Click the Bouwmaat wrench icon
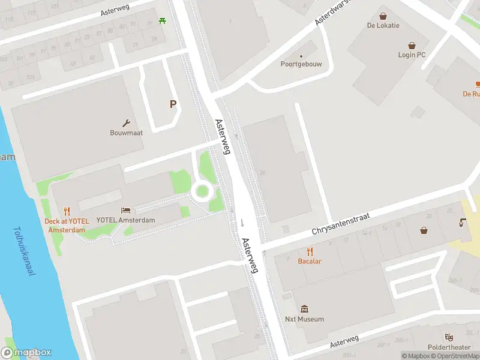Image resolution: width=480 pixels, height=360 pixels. [126, 122]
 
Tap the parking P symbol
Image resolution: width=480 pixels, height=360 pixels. [173, 104]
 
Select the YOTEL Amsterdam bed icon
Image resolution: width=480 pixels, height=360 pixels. [125, 210]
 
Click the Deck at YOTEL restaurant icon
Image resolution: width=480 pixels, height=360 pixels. [67, 211]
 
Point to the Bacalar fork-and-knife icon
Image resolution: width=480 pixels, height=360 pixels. [310, 251]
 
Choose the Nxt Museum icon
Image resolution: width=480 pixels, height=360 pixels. [304, 309]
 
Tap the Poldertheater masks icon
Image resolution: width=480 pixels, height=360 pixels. [448, 337]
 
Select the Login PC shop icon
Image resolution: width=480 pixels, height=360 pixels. [412, 45]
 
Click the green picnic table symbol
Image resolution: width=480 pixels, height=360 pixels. [163, 22]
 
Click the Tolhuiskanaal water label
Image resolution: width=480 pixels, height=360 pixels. [23, 251]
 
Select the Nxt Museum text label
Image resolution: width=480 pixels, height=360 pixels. [304, 319]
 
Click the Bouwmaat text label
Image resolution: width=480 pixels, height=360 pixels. [126, 133]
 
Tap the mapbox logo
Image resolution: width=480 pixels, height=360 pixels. [26, 353]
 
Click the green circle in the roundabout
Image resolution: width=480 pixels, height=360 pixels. [202, 191]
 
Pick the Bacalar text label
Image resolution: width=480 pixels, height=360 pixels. [310, 261]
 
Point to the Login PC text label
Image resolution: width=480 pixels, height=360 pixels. [412, 55]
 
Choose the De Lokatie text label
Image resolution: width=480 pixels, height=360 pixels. [383, 26]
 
